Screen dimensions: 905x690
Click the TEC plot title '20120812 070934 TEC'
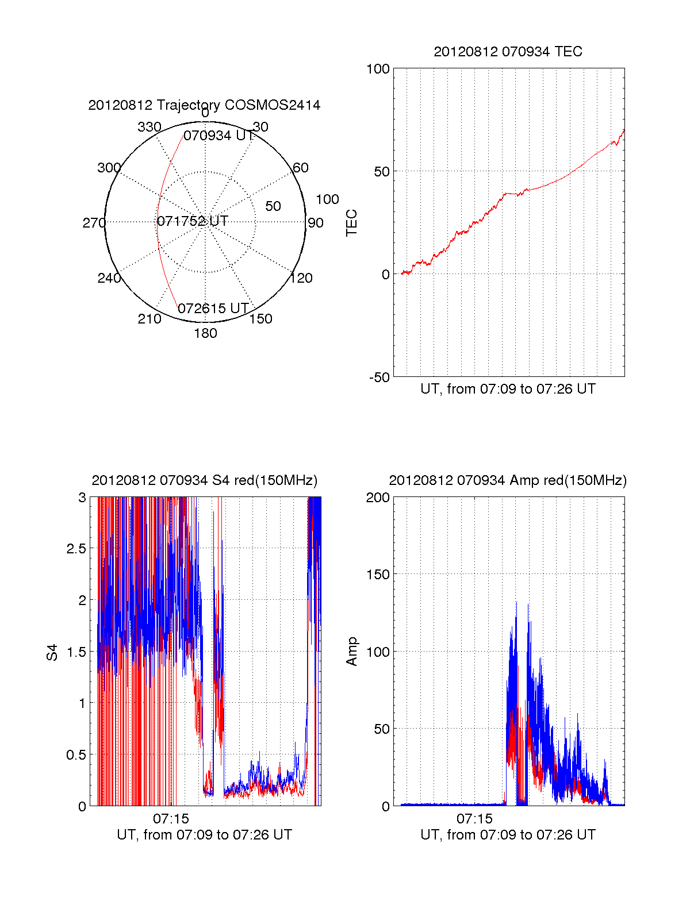508,52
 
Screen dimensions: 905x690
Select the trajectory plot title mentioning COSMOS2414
204,105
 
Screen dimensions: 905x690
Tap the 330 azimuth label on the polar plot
149,127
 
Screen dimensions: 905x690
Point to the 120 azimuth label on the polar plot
301,278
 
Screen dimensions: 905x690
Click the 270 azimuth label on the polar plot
94,223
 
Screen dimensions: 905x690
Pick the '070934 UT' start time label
218,136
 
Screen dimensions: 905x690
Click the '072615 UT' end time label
213,309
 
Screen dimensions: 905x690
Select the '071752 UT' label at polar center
193,221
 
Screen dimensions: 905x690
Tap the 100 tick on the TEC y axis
378,69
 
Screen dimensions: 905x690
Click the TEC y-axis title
352,223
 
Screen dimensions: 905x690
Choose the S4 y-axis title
52,652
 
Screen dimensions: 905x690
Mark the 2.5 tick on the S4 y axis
76,549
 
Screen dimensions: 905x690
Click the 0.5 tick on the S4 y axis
76,755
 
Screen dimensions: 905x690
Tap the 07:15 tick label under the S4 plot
171,818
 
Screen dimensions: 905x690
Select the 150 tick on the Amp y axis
378,575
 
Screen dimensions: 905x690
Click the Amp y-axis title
352,652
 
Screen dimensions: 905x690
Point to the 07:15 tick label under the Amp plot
474,818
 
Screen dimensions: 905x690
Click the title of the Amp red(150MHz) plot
508,480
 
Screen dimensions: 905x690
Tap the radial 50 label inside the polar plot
273,206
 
